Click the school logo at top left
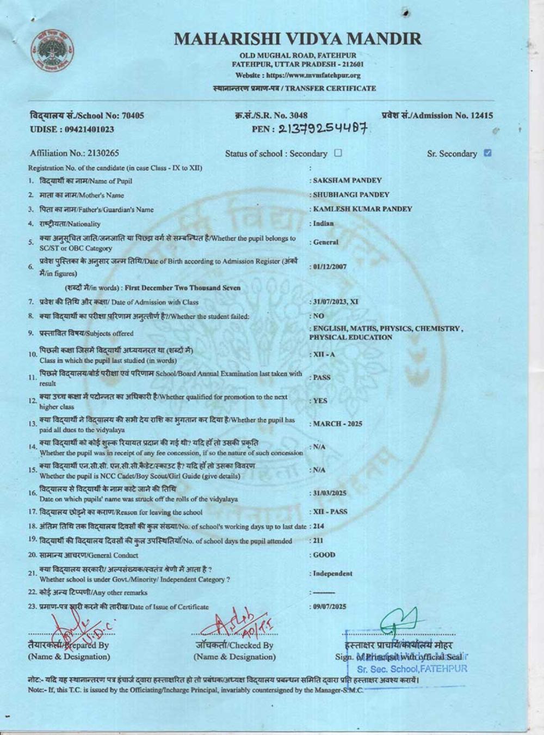(53, 52)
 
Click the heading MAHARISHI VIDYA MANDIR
(298, 39)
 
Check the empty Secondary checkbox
(338, 154)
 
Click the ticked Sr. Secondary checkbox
(487, 153)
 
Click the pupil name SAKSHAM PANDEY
(347, 180)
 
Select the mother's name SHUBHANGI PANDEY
(351, 194)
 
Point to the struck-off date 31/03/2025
(329, 493)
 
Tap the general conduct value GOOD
(324, 555)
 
